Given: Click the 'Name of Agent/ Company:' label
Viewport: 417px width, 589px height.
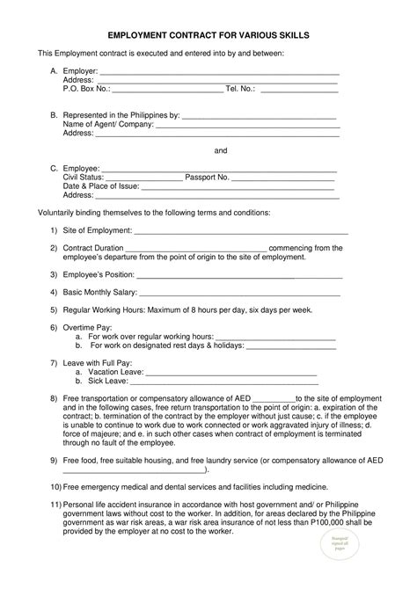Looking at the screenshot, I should click(x=108, y=125).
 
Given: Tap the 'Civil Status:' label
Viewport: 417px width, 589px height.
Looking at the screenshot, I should click(x=84, y=177).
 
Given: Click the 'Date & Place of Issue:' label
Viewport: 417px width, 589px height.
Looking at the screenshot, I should click(x=101, y=186).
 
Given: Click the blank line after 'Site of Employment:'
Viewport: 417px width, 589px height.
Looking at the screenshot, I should click(x=241, y=230).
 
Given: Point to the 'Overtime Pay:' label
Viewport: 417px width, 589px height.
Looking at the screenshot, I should click(x=87, y=327).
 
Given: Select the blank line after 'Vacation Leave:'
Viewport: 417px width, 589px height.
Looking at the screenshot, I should click(x=230, y=372).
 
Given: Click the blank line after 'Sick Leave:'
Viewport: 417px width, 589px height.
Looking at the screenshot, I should click(x=223, y=381).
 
